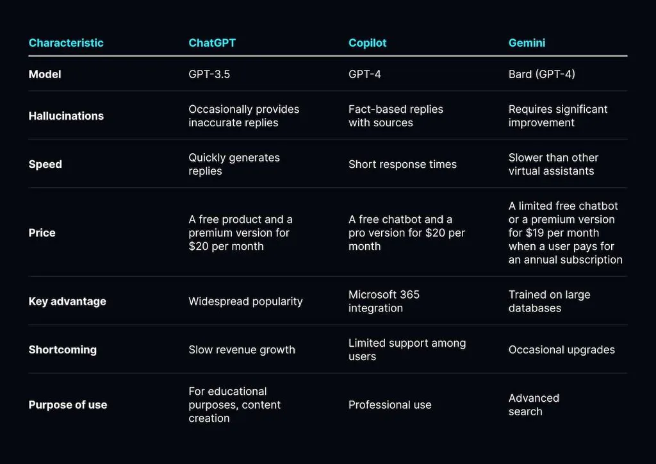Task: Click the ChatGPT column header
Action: pyautogui.click(x=212, y=43)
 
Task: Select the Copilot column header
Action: pyautogui.click(x=367, y=43)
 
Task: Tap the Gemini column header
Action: pyautogui.click(x=527, y=43)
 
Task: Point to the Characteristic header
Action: pyautogui.click(x=66, y=43)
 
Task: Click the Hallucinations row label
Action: pyautogui.click(x=66, y=116)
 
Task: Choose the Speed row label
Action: pyautogui.click(x=45, y=165)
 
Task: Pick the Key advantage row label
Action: pyautogui.click(x=67, y=302)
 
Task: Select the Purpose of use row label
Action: pyautogui.click(x=68, y=405)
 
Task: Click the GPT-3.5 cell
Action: pyautogui.click(x=209, y=74)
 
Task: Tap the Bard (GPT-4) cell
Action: pyautogui.click(x=542, y=74)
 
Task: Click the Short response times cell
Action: pyautogui.click(x=402, y=165)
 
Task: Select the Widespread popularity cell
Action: pyautogui.click(x=245, y=302)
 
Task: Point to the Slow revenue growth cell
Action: pyautogui.click(x=242, y=350)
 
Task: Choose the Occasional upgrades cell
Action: pyautogui.click(x=562, y=350)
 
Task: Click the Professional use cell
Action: pyautogui.click(x=390, y=405)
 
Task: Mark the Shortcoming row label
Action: pyautogui.click(x=63, y=350)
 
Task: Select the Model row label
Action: pyautogui.click(x=45, y=74)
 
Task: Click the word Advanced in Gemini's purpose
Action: pyautogui.click(x=534, y=399)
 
